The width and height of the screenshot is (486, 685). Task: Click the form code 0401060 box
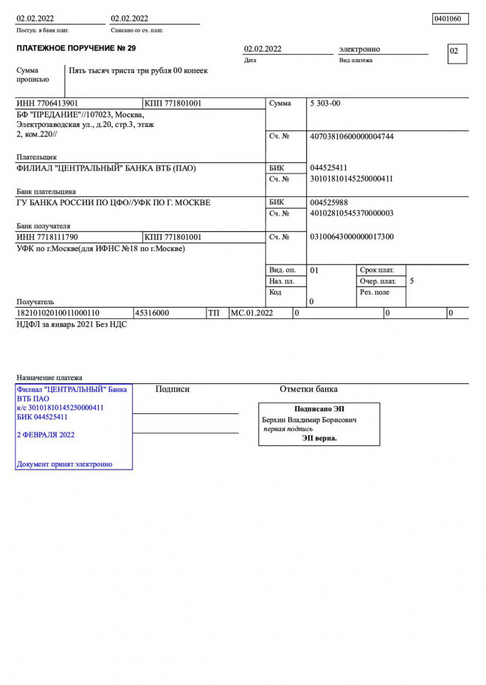pos(450,18)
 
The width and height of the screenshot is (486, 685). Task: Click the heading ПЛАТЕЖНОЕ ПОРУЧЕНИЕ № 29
pos(76,49)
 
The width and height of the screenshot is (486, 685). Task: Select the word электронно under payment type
pos(359,49)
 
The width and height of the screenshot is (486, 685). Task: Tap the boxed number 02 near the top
pos(457,52)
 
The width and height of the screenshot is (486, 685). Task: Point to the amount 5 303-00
pos(325,104)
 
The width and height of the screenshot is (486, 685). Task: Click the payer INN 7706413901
pos(47,104)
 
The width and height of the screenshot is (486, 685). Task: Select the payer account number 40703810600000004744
pos(352,137)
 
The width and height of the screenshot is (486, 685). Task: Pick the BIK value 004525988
pos(329,202)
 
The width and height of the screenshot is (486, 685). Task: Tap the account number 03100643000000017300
pos(352,237)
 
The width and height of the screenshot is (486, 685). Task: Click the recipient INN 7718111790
pos(47,237)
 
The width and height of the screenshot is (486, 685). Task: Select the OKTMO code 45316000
pos(152,313)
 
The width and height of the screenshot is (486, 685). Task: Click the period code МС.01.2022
pos(252,313)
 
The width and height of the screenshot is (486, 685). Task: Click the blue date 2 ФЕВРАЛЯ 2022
pos(46,435)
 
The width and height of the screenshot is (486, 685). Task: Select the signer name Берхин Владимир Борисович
pos(309,419)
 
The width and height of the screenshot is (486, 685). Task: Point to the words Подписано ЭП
pos(319,409)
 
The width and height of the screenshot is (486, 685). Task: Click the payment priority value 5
pos(412,281)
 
